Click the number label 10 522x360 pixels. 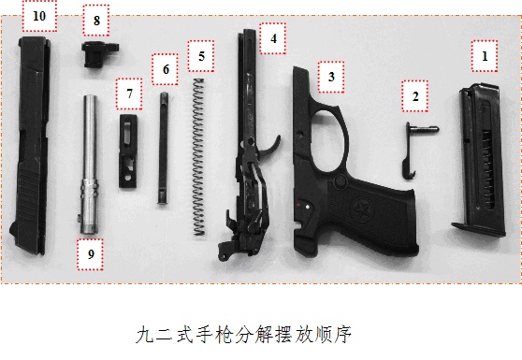[x=39, y=16]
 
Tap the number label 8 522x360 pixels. [x=96, y=21]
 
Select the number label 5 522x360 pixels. [x=201, y=56]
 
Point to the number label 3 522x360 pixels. [x=331, y=77]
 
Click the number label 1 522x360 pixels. [x=485, y=56]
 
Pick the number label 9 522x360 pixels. [x=91, y=254]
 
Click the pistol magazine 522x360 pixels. [x=479, y=160]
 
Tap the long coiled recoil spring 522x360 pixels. [x=198, y=157]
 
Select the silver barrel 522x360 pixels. [x=89, y=165]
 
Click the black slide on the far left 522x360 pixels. [x=31, y=145]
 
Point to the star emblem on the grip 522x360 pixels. [x=361, y=209]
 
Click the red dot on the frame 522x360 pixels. [x=298, y=204]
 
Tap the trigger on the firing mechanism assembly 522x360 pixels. [x=270, y=148]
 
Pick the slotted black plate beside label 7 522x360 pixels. [x=128, y=151]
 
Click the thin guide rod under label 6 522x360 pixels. [x=163, y=148]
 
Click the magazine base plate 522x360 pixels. [x=478, y=230]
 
